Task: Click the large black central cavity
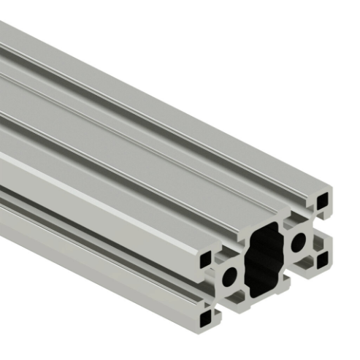click(264, 259)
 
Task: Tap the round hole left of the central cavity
click(230, 277)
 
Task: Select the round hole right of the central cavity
click(298, 242)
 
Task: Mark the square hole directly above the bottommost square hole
click(207, 258)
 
